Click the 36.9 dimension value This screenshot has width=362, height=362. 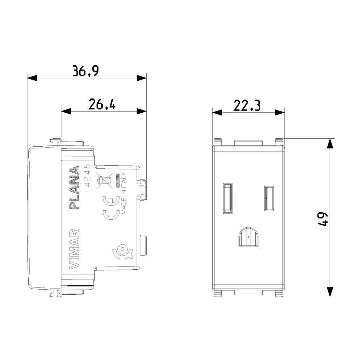(x=85, y=71)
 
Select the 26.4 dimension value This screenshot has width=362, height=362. (x=102, y=105)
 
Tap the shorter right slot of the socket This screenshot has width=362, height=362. (x=268, y=198)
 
